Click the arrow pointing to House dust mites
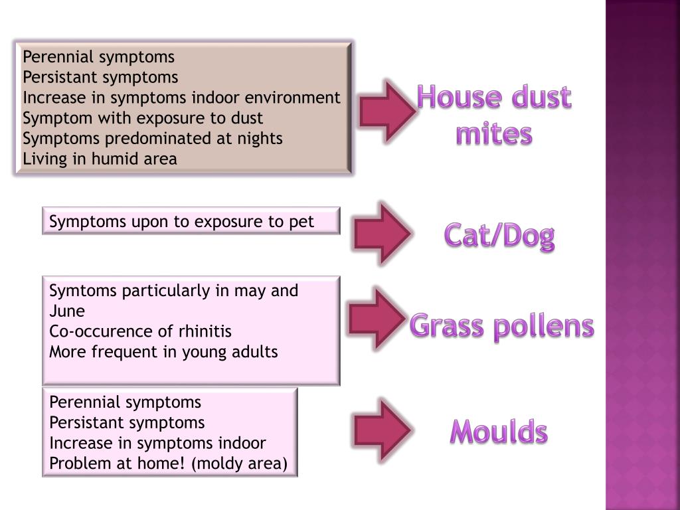click(x=387, y=112)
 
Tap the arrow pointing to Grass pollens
click(x=377, y=319)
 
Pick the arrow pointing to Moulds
click(x=382, y=430)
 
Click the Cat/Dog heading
click(x=499, y=236)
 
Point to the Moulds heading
click(x=499, y=432)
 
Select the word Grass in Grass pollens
click(x=446, y=326)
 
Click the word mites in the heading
click(x=494, y=133)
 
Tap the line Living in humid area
click(x=100, y=159)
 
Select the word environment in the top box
click(x=293, y=98)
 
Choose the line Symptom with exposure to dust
click(x=143, y=118)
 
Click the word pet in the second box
click(x=301, y=222)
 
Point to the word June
click(x=67, y=311)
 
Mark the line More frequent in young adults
click(x=163, y=352)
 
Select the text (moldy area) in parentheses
click(x=239, y=464)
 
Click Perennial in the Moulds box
click(x=82, y=402)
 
